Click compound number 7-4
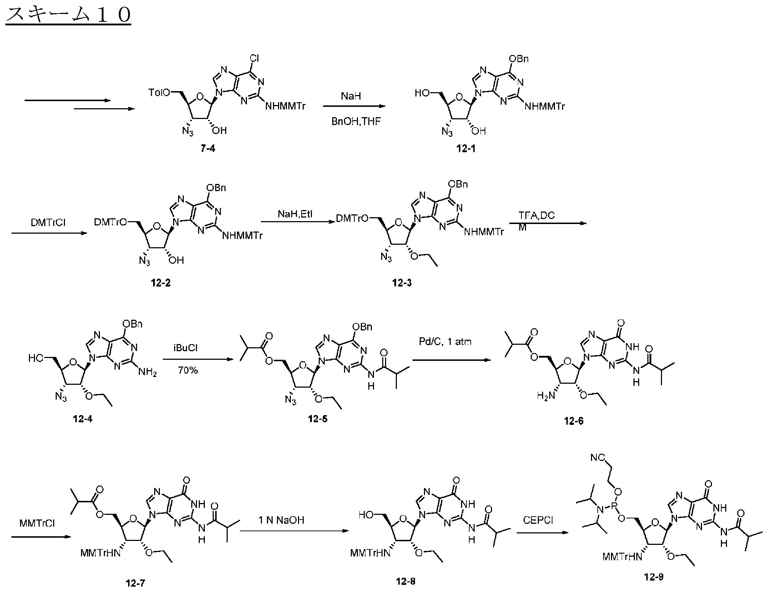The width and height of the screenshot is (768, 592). tap(208, 148)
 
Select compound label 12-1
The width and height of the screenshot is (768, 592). tap(466, 148)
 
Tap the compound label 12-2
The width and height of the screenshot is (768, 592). tap(161, 283)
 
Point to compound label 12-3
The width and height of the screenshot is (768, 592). tap(401, 283)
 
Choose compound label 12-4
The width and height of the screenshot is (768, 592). tap(82, 419)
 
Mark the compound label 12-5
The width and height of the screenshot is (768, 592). tap(318, 419)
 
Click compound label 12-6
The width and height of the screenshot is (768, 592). tap(574, 421)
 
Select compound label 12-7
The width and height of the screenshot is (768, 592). tap(136, 583)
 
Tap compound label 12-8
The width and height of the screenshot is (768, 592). tap(405, 582)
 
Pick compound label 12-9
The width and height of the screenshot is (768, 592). tap(654, 577)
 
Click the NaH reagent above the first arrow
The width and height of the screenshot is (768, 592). tap(351, 96)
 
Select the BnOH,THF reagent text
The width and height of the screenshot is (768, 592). tap(356, 121)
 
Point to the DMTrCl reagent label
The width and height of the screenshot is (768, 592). tap(48, 223)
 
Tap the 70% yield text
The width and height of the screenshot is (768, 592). tap(188, 370)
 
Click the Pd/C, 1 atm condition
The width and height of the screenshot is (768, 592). tap(445, 342)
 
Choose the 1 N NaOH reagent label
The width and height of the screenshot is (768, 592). tap(282, 520)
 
